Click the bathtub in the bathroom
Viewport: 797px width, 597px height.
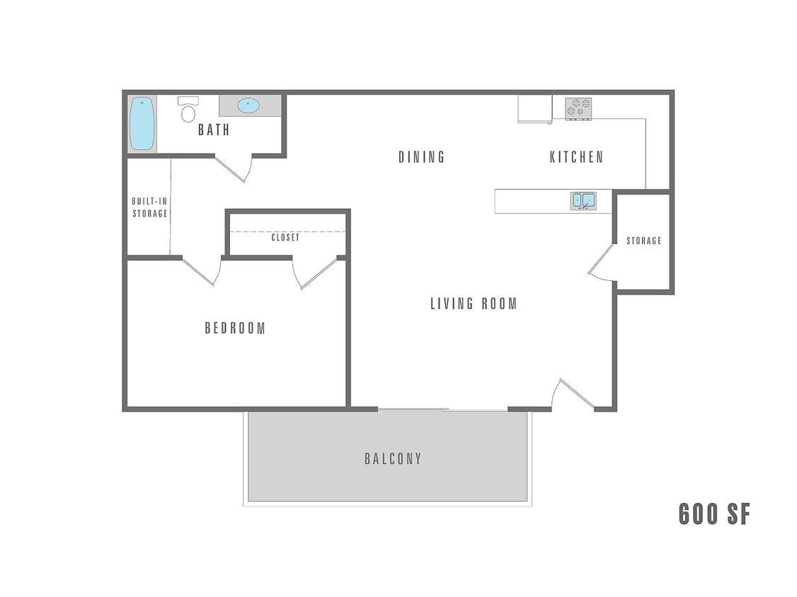coord(142,123)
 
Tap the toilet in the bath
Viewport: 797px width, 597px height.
coord(188,110)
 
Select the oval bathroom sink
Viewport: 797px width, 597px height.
coord(248,106)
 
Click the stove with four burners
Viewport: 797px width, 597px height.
coord(578,108)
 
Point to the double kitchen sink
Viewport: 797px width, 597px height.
coord(584,201)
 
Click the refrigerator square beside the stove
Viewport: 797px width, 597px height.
coord(534,108)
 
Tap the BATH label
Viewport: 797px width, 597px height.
coord(214,130)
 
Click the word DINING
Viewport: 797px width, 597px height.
coord(422,157)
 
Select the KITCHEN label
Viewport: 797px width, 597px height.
coord(577,157)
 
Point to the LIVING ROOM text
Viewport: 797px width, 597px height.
coord(474,303)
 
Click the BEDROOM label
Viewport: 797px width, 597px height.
coord(235,328)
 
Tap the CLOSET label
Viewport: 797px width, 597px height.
coord(285,238)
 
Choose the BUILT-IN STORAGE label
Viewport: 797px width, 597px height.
coord(150,207)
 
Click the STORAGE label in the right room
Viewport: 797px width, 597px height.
coord(643,241)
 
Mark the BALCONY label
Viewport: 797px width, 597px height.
coord(394,459)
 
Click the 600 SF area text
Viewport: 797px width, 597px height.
coord(713,514)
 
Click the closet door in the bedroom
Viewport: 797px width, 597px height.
coord(316,273)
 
